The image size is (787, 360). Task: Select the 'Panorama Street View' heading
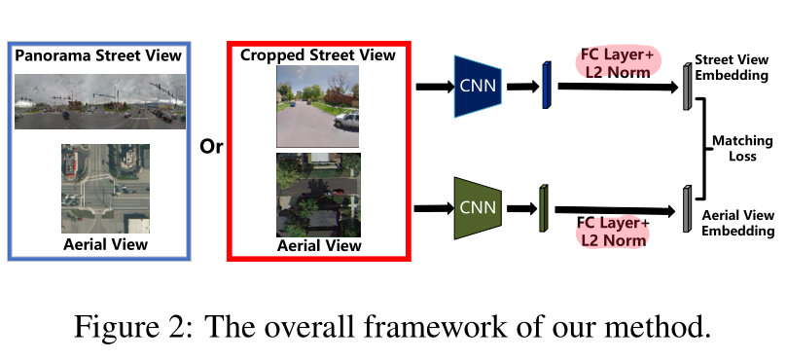[98, 55]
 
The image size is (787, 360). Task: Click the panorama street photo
[98, 100]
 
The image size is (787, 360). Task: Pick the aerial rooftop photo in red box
[318, 195]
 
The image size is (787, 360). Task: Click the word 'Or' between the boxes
[211, 147]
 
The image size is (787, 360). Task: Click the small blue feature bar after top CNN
[547, 85]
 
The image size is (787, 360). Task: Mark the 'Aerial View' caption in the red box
[319, 246]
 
